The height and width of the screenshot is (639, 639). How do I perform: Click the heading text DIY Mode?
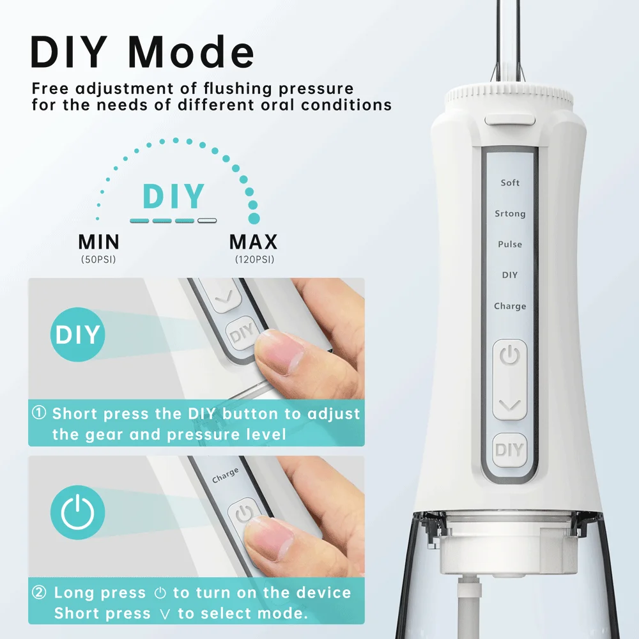click(x=142, y=52)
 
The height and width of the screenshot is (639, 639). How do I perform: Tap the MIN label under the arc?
click(x=98, y=242)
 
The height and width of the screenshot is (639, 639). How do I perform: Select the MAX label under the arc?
click(x=253, y=242)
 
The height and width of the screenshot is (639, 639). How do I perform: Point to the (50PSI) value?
click(x=98, y=260)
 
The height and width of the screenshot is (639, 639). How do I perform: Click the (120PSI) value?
click(x=253, y=260)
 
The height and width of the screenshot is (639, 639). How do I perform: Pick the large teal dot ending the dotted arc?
click(x=254, y=219)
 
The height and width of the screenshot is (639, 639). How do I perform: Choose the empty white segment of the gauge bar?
click(x=206, y=220)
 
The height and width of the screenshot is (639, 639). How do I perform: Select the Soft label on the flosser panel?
click(x=510, y=183)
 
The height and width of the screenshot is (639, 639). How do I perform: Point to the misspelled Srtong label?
click(x=510, y=213)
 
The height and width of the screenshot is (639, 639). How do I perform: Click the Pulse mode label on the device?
click(x=510, y=244)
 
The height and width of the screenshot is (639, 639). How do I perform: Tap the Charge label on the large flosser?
click(x=510, y=306)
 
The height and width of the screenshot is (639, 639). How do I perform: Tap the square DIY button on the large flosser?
click(x=509, y=450)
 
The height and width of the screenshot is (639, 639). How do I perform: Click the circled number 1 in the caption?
click(x=40, y=413)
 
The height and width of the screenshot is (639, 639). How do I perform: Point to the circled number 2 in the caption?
click(x=40, y=593)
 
